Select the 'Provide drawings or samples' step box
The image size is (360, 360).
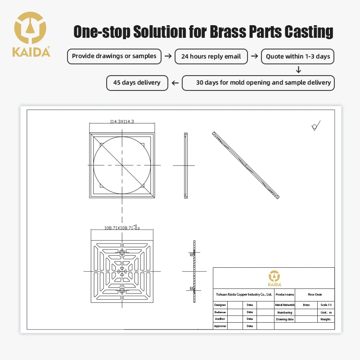(114, 56)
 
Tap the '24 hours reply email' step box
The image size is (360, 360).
(211, 57)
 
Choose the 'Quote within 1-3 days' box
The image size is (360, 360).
(298, 57)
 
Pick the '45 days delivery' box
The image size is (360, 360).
(137, 83)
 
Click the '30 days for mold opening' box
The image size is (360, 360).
(258, 83)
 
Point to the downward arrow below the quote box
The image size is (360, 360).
(298, 70)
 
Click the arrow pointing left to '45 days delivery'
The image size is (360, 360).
(175, 83)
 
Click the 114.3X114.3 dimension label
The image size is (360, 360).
(122, 121)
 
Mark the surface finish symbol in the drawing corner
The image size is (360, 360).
(316, 126)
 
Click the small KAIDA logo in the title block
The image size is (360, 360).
(274, 278)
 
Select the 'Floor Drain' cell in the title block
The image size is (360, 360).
(315, 294)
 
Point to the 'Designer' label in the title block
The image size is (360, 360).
(220, 305)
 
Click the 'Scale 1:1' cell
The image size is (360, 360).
(326, 305)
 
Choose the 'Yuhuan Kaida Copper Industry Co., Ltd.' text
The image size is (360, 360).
(243, 294)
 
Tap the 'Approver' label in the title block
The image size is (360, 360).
(220, 326)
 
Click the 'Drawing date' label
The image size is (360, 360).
(284, 319)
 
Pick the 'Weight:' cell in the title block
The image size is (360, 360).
(326, 319)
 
